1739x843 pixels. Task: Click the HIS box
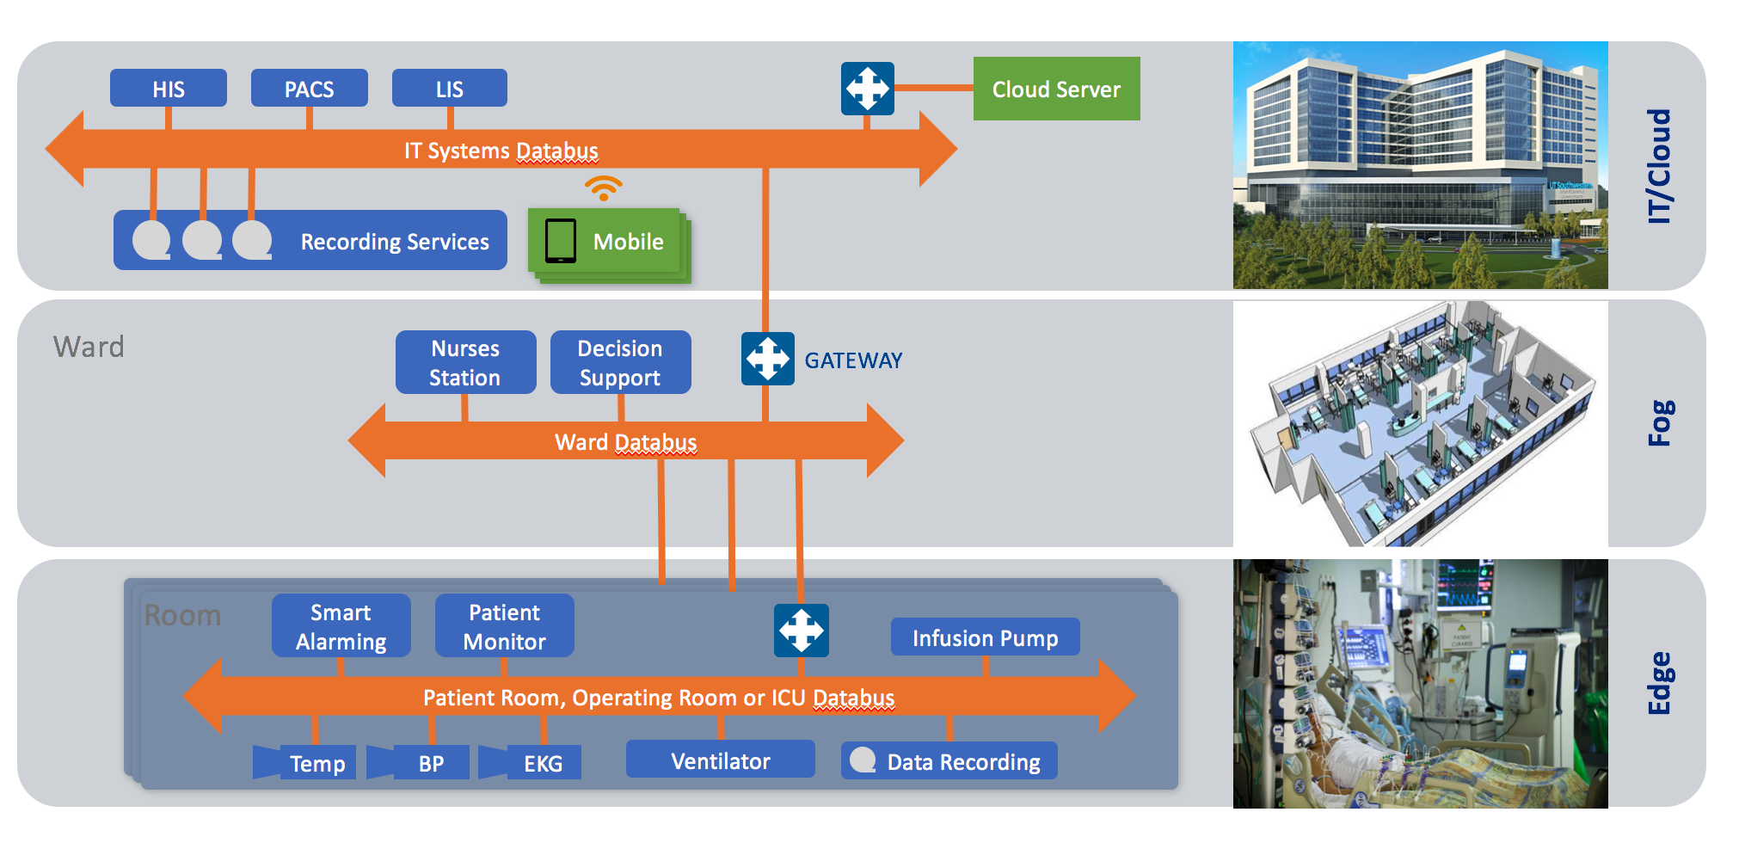coord(169,89)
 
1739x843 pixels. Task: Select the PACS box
coord(310,89)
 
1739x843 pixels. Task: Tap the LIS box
coord(449,89)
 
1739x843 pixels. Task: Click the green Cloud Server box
coord(1056,89)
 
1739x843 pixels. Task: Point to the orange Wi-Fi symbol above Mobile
coord(604,188)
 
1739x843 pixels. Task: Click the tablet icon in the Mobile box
coord(561,241)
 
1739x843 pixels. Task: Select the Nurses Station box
coord(465,362)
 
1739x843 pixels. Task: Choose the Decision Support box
coord(620,362)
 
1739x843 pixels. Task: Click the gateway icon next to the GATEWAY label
coord(768,359)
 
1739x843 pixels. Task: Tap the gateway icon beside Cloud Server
coord(867,89)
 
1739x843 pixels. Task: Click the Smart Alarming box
coord(341,626)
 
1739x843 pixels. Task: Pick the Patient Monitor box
coord(505,626)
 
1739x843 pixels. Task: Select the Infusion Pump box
coord(985,637)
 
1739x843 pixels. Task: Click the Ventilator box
coord(720,760)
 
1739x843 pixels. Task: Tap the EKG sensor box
coord(542,763)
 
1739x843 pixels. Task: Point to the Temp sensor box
coord(316,763)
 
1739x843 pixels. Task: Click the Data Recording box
coord(949,761)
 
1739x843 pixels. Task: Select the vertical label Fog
coord(1659,422)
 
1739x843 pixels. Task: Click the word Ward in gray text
coord(89,347)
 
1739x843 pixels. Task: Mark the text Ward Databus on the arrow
coord(625,442)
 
